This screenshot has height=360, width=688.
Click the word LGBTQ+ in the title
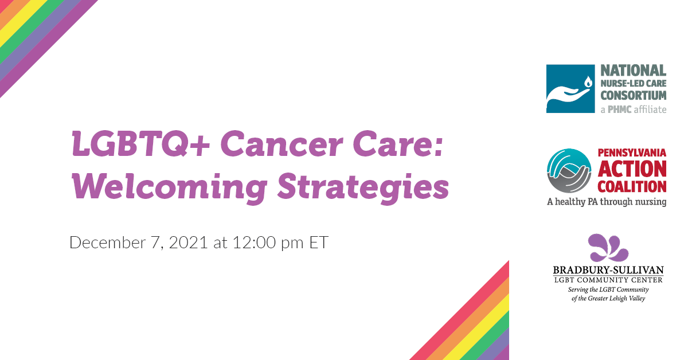(x=140, y=144)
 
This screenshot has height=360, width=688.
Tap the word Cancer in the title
(x=282, y=144)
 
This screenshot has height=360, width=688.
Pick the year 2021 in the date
(x=188, y=242)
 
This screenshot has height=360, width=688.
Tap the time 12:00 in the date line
(x=254, y=242)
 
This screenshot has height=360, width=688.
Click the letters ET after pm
(x=319, y=242)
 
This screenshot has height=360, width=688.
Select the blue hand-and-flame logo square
(x=570, y=89)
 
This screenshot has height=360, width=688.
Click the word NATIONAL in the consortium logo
(x=634, y=71)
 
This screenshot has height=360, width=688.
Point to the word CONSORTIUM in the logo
(x=634, y=96)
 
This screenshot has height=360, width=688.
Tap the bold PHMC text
(x=620, y=109)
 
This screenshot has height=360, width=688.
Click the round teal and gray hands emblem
(x=569, y=170)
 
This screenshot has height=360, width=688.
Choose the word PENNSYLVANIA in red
(x=632, y=152)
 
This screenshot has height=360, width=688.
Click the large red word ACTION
(x=632, y=169)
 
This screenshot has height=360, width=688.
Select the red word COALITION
(x=632, y=186)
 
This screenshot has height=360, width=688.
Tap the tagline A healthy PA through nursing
(x=607, y=202)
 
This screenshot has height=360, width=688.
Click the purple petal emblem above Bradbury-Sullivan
(x=608, y=248)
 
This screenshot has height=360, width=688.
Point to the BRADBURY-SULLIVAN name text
(x=608, y=270)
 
